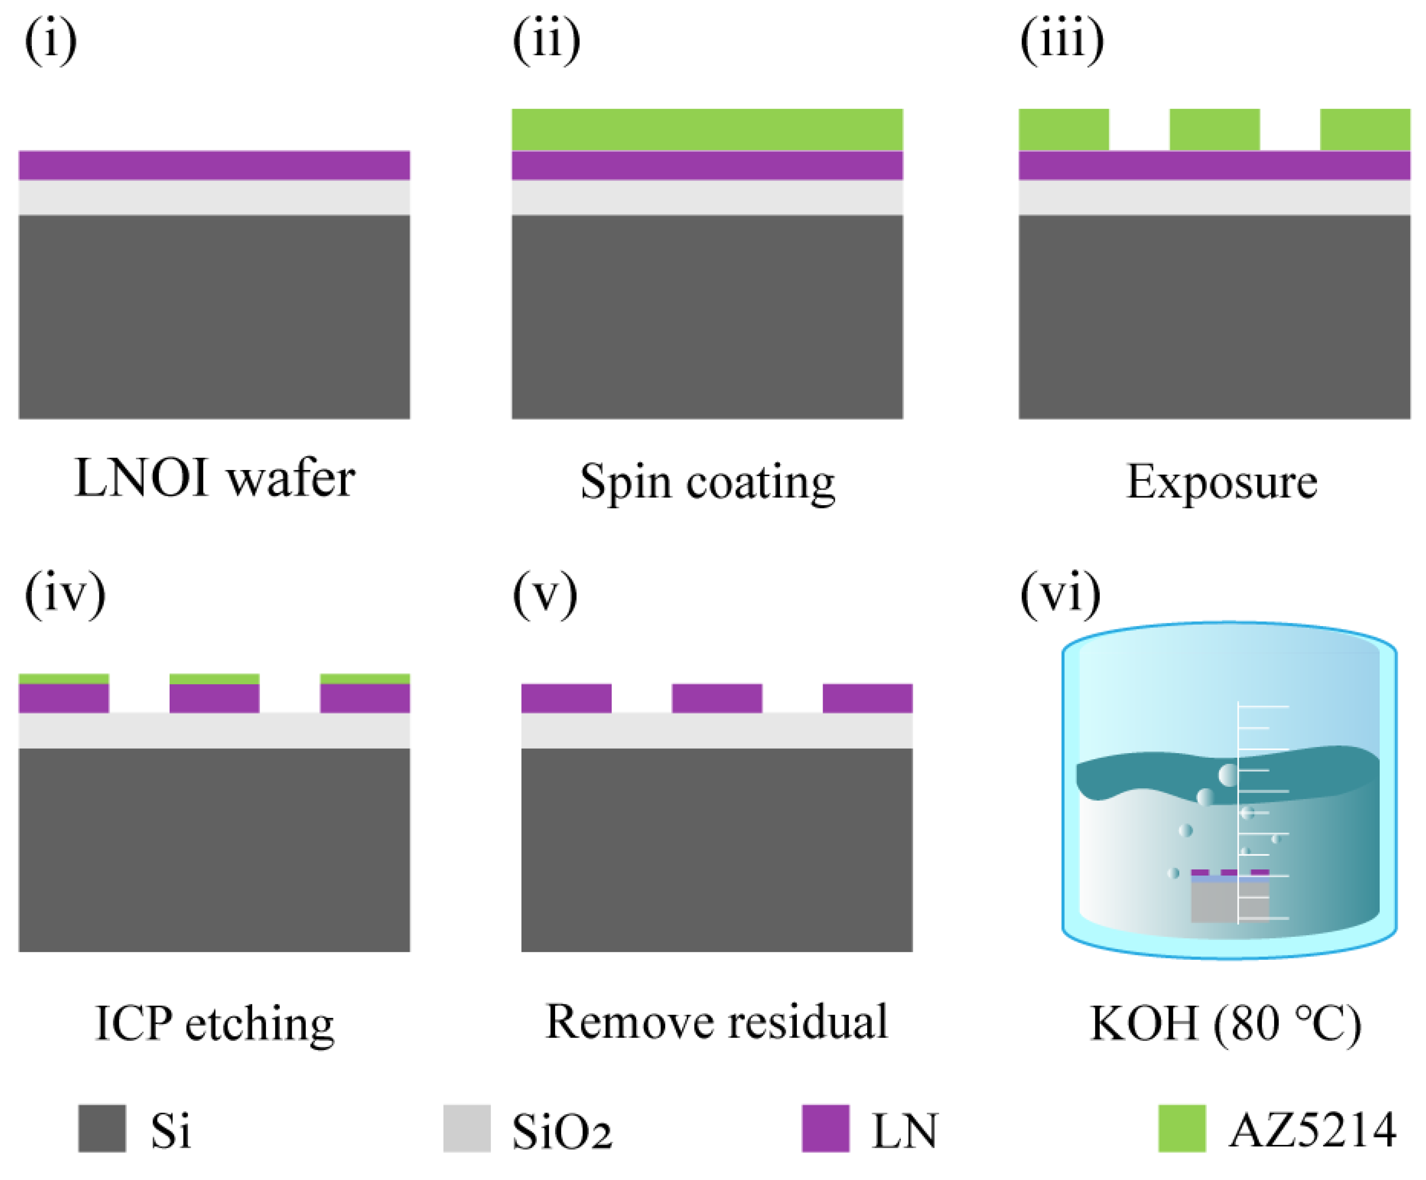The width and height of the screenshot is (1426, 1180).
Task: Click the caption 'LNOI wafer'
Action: point(214,479)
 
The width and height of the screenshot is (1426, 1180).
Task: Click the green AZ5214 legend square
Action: point(1181,1128)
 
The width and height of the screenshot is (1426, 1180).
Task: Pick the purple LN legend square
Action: point(825,1128)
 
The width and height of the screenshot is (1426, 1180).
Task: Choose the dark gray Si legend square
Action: point(102,1128)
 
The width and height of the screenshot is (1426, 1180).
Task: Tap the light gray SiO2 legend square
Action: point(467,1128)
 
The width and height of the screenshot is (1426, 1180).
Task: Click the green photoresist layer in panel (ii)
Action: point(707,129)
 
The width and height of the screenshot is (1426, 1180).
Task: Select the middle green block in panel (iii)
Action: point(1214,129)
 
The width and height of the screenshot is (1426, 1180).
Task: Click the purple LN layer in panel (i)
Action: point(214,165)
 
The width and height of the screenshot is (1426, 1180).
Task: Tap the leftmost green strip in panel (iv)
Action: point(63,679)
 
